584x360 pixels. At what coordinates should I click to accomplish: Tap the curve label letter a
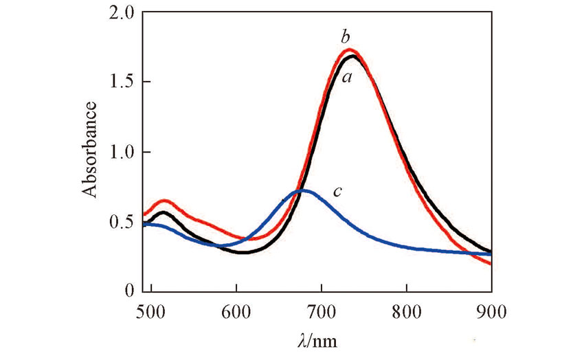pos(348,78)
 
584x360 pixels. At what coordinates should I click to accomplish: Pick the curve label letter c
pos(337,191)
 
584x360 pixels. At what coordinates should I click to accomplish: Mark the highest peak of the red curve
pos(350,49)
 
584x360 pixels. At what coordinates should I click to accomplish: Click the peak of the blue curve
pos(302,190)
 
